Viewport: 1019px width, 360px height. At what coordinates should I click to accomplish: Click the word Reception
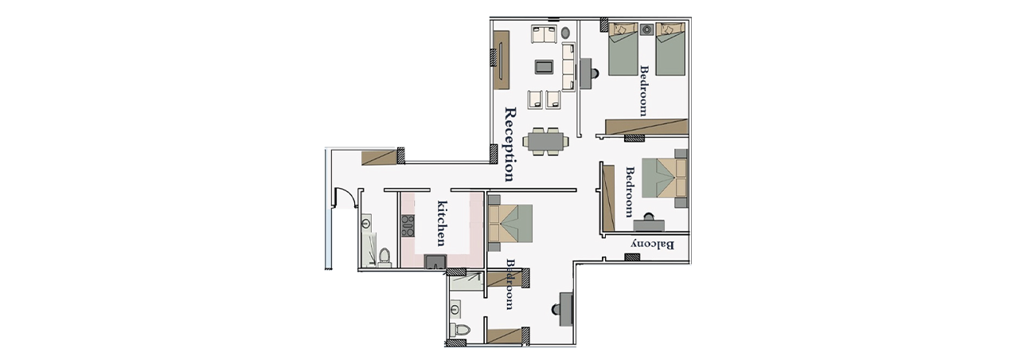click(x=511, y=145)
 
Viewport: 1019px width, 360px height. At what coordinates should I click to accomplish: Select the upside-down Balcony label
click(x=652, y=245)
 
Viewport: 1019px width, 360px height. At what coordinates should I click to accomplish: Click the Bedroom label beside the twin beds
click(x=643, y=91)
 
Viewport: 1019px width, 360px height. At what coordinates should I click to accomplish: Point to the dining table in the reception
click(x=545, y=141)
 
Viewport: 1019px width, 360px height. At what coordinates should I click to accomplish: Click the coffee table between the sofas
click(x=545, y=67)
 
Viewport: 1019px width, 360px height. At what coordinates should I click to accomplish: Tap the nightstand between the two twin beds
click(x=646, y=29)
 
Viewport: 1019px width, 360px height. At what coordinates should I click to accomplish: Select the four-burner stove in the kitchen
click(x=90, y=226)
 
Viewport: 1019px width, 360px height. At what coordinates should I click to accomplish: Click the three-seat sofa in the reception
click(x=568, y=67)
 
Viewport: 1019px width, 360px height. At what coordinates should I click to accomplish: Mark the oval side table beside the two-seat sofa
click(x=565, y=33)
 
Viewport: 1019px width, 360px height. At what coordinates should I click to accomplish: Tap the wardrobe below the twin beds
click(x=646, y=126)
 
